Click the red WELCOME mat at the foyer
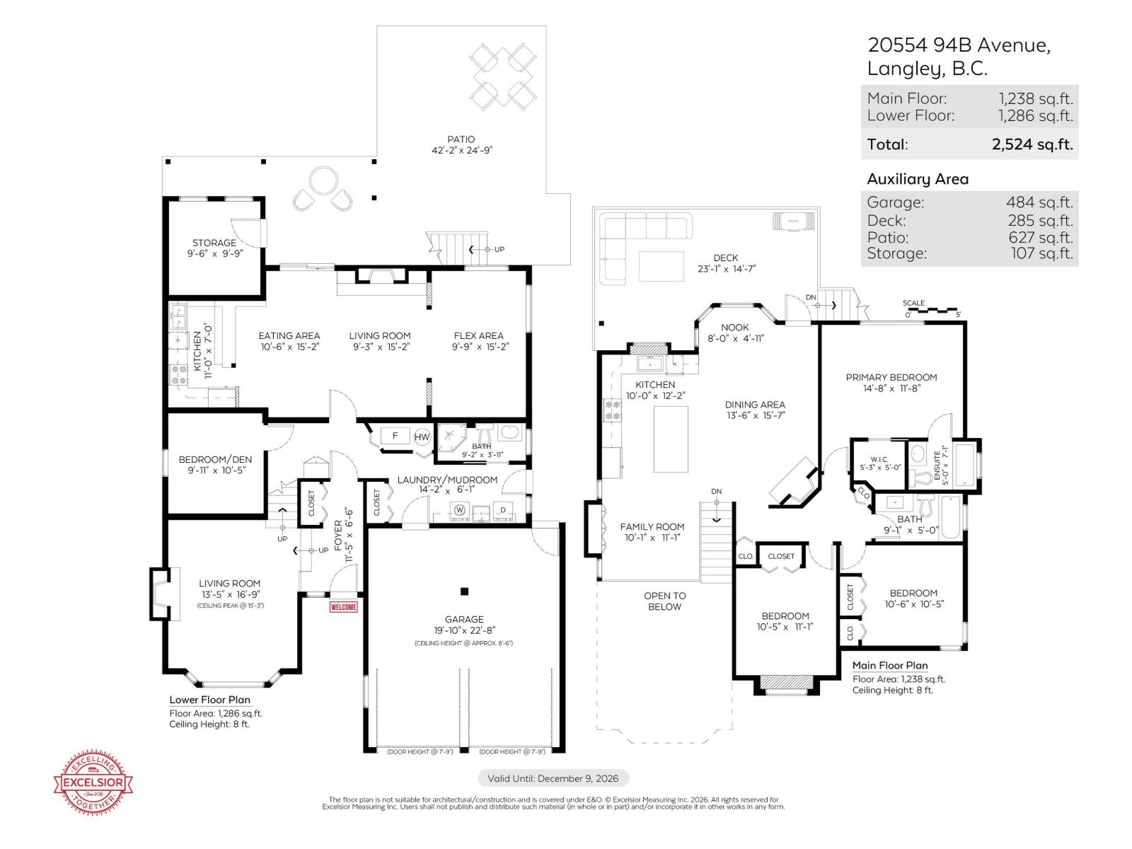point(344,607)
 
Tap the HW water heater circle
point(422,437)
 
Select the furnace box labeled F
point(395,436)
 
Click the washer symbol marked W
point(459,509)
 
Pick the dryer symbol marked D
point(503,509)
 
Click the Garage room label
point(464,619)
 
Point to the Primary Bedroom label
point(891,377)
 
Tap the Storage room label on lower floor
point(214,243)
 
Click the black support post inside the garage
point(464,591)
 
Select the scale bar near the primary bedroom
point(932,310)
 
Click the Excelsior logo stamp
point(94,782)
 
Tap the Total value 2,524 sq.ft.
point(1032,144)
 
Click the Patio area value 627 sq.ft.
point(1040,238)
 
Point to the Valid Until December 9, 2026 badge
point(553,778)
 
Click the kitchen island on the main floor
point(670,439)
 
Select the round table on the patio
point(323,180)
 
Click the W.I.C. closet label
point(879,459)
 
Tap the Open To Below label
point(664,601)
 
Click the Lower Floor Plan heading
point(209,700)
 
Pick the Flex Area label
point(479,335)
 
